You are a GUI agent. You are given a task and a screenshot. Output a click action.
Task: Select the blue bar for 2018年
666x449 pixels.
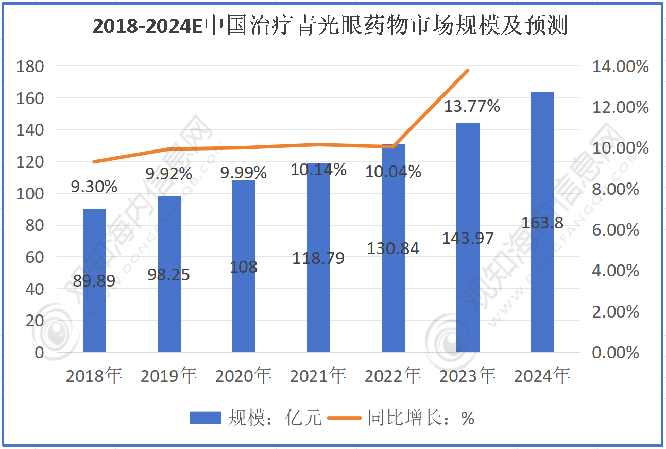pos(94,309)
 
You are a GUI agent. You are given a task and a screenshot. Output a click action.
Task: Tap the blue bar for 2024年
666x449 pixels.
pos(542,289)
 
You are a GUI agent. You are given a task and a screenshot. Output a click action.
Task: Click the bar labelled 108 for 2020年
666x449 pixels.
pos(244,309)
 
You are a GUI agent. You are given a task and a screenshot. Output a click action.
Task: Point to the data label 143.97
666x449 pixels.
pos(468,238)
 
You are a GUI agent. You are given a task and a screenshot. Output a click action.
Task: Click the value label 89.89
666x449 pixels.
pos(94,281)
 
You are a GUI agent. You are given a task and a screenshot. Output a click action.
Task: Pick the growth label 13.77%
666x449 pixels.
pos(472,107)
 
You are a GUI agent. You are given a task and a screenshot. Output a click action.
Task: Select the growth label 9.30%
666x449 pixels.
pos(94,187)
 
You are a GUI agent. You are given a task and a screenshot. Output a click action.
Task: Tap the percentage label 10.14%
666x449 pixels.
pos(318,170)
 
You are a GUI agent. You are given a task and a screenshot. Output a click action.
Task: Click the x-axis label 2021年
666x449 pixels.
pos(318,376)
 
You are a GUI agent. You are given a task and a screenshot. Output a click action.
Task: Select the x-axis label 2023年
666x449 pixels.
pos(467,376)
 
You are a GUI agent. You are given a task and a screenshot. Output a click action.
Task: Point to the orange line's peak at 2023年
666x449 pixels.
pos(468,70)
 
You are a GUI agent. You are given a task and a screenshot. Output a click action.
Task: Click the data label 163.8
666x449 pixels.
pos(542,223)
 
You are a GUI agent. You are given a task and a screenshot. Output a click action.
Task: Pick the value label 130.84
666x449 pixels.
pos(393,248)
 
